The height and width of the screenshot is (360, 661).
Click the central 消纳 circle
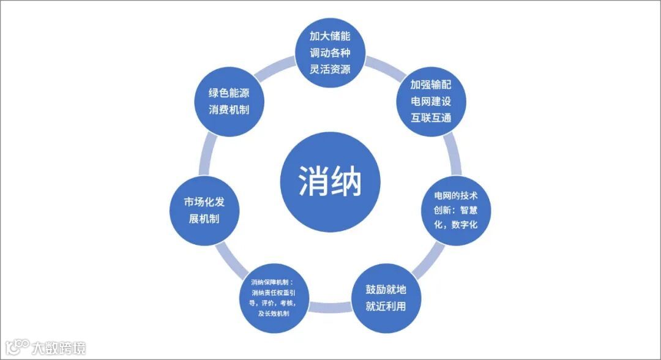tap(330, 181)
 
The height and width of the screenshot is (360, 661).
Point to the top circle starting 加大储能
tap(330, 53)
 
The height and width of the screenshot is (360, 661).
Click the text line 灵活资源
tap(330, 68)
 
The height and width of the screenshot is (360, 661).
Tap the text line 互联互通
tap(431, 117)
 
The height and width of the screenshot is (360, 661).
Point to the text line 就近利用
tap(386, 306)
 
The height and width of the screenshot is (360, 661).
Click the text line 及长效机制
tap(274, 313)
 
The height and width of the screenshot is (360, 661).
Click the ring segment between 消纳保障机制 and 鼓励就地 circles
tap(330, 312)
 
